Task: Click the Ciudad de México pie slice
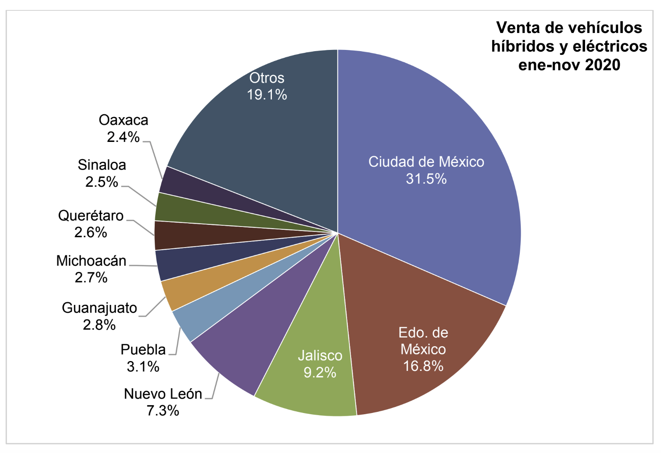point(433,124)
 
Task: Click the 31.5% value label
point(426,179)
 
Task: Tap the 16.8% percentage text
point(423,366)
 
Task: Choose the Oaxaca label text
point(123,120)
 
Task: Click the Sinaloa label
point(102,165)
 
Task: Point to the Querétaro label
point(91,216)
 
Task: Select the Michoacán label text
point(91,261)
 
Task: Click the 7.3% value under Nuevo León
point(163,411)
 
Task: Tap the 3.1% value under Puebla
point(143,367)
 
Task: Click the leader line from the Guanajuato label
point(155,307)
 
